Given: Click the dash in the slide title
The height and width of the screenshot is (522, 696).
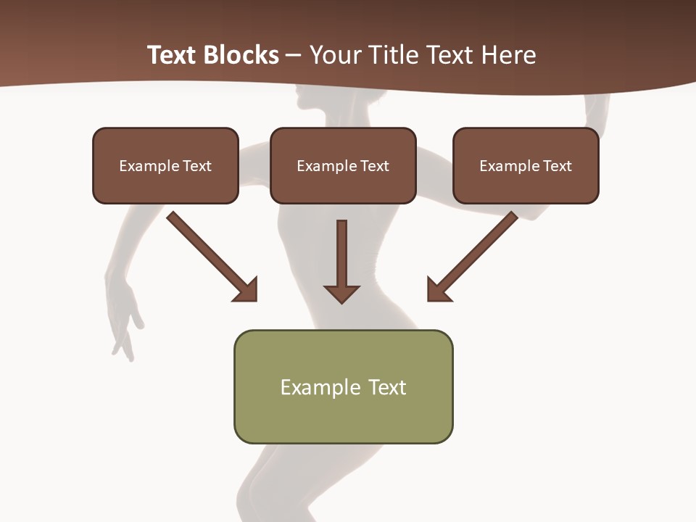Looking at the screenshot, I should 294,56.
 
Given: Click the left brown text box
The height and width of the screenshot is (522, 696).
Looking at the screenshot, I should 165,165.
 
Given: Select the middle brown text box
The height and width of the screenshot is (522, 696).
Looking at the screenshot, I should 343,165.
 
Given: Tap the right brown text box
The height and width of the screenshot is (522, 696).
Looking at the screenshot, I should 526,165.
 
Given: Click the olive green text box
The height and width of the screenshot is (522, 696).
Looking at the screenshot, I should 343,386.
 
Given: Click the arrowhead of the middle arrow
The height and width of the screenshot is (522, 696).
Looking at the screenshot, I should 341,294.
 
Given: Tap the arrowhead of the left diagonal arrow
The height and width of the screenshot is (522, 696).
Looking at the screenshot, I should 246,290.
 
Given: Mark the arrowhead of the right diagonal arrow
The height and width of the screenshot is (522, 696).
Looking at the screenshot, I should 437,290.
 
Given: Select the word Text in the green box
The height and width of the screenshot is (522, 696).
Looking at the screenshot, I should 387,387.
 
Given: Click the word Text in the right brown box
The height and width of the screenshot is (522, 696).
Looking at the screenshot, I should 558,166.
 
